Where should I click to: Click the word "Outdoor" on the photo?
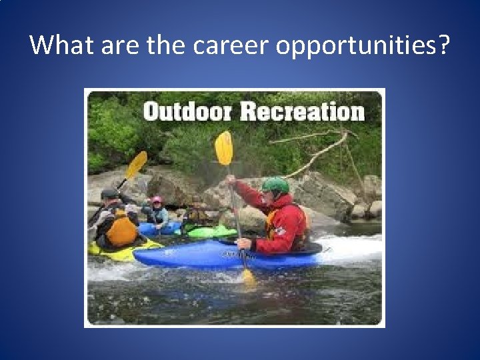pos(188,111)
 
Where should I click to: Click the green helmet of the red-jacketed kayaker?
pos(275,185)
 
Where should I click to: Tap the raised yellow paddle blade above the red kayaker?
pos(224,148)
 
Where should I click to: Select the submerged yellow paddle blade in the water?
pos(249,277)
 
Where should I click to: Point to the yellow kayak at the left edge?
pos(120,252)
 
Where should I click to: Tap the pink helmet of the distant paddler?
pos(157,200)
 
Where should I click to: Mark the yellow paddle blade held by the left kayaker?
pos(137,164)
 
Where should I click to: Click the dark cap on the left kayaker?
pos(109,193)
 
